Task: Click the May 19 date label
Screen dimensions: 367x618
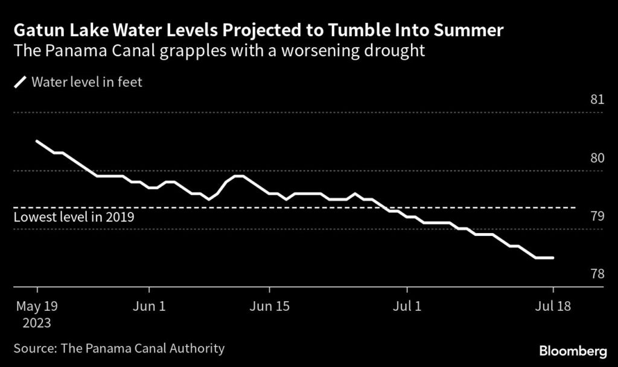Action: click(37, 306)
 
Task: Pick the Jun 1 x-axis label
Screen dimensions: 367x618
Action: click(149, 306)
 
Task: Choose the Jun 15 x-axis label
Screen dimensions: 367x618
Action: click(269, 306)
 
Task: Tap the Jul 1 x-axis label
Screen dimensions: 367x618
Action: click(407, 306)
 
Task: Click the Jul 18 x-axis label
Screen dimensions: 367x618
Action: click(553, 306)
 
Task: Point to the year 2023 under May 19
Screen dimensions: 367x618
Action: click(37, 322)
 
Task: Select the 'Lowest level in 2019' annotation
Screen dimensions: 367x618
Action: click(73, 217)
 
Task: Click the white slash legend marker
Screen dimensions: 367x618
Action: click(20, 82)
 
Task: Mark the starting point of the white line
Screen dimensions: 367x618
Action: click(37, 141)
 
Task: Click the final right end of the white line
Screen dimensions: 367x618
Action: click(553, 258)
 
